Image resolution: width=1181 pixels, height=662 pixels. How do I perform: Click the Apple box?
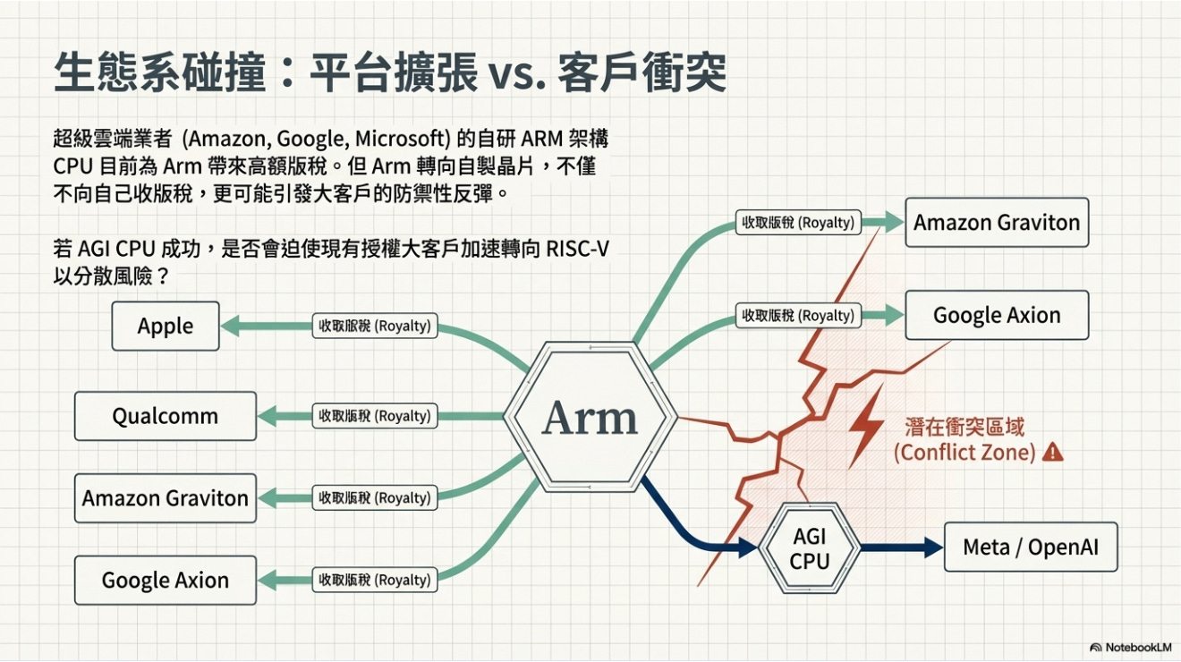pos(166,327)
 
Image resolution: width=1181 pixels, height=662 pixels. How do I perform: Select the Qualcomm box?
pos(166,416)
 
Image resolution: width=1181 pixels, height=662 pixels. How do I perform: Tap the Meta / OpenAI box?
pos(1031,547)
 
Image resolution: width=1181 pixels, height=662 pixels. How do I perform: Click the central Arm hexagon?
pos(590,418)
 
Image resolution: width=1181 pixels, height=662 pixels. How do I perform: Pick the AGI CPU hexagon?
pos(810,548)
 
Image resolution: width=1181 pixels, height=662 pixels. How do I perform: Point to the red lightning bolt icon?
pos(865,426)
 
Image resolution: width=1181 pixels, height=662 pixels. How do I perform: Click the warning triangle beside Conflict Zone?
pos(1053,452)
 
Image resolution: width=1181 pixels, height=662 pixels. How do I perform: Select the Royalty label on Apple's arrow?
pos(375,326)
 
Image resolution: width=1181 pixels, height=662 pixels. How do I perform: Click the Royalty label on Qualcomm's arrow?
pos(375,416)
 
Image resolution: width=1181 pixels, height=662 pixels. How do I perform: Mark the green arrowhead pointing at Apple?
pos(230,327)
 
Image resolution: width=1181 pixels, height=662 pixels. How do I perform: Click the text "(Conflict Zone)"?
pos(964,453)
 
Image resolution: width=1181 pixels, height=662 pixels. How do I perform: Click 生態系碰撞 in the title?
pos(159,73)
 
